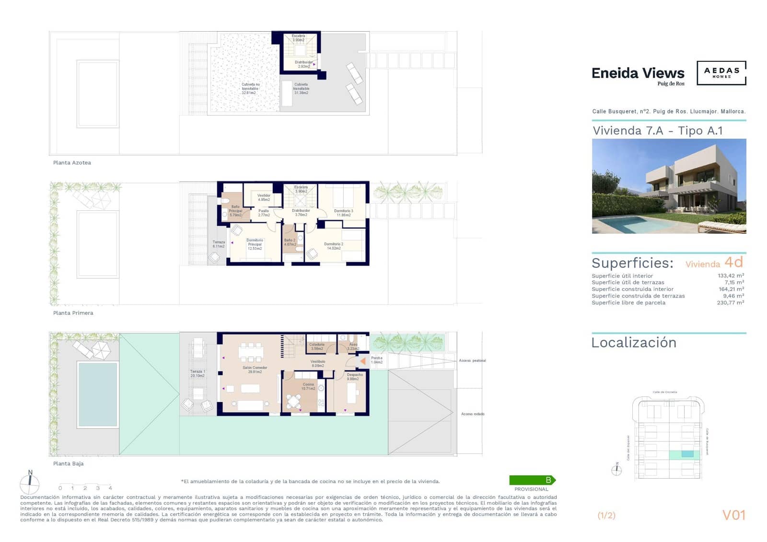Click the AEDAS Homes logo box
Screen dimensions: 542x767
coord(721,73)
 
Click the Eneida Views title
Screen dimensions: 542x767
coord(638,73)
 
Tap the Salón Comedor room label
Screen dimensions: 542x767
coord(255,369)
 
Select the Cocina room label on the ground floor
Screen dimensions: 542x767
coord(308,386)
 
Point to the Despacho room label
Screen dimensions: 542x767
coord(355,377)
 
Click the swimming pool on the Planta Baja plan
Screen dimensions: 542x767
coord(98,394)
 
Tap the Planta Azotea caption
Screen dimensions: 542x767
coord(72,163)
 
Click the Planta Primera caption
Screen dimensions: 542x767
coord(73,313)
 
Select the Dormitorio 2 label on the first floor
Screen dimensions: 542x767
coord(334,246)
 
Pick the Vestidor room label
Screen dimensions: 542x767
coord(264,197)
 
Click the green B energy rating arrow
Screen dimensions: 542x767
coord(532,480)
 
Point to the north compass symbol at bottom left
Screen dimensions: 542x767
coord(30,483)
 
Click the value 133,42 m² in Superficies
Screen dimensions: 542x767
coord(731,276)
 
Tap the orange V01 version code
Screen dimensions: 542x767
coord(733,515)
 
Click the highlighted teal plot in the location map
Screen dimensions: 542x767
coord(687,454)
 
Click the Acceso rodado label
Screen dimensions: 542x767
coord(472,414)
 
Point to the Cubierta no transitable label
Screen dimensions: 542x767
coord(250,89)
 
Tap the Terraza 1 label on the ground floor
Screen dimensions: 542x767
coord(198,373)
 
